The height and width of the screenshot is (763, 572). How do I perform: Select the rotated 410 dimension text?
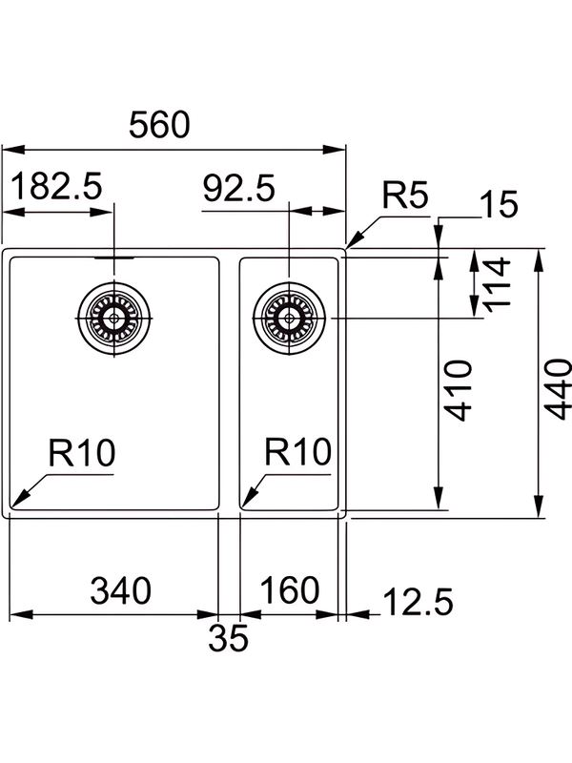[x=460, y=391]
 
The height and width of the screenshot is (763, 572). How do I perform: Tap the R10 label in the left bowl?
[x=81, y=451]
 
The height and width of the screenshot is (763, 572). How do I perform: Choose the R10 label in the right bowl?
[x=297, y=451]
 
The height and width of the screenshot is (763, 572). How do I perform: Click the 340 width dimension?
[x=120, y=591]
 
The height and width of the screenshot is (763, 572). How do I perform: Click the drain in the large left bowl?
[x=115, y=317]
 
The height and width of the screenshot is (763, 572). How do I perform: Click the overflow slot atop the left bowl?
[x=115, y=256]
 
